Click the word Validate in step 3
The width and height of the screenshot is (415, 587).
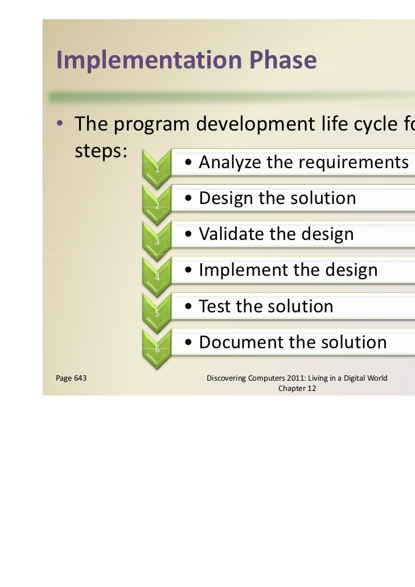click(232, 234)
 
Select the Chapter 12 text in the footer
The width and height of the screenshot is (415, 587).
click(297, 389)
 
